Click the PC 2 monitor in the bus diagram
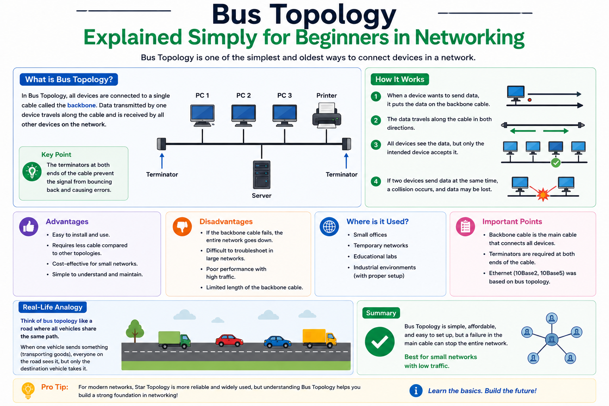[x=243, y=115]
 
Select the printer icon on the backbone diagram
[x=327, y=115]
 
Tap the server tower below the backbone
[x=262, y=174]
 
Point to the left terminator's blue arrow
[x=162, y=161]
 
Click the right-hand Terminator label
[x=341, y=174]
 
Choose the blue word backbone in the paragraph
[x=82, y=105]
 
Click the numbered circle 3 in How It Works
[x=376, y=144]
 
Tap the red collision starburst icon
[x=543, y=194]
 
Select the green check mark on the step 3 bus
[x=556, y=163]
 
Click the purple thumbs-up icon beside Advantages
[x=29, y=226]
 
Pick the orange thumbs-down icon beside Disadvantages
[x=182, y=226]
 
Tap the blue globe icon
[x=329, y=226]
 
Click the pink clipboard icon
[x=465, y=226]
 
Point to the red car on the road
[x=229, y=341]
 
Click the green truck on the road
[x=174, y=340]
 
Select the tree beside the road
[x=135, y=331]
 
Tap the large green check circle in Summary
[x=379, y=341]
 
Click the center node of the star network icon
[x=552, y=339]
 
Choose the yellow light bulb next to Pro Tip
[x=28, y=391]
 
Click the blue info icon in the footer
[x=416, y=391]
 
